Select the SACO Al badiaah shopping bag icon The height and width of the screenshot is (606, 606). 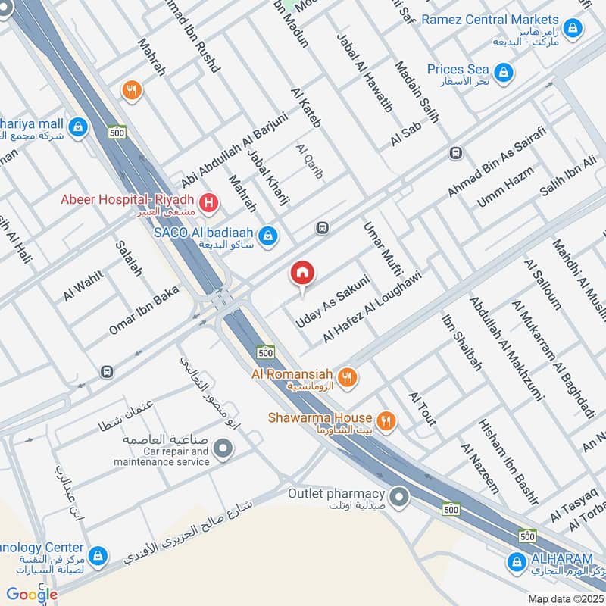(x=266, y=237)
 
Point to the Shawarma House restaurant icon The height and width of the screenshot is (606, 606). (x=386, y=421)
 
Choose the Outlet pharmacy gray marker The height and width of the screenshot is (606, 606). (x=400, y=497)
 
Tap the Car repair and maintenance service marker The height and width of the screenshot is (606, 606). (x=223, y=450)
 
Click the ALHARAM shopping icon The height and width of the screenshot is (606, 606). (x=517, y=561)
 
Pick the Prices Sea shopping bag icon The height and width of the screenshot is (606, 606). (x=504, y=73)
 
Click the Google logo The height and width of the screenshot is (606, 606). (x=32, y=594)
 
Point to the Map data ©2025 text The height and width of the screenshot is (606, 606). (x=565, y=598)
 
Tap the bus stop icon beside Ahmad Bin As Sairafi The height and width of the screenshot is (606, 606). (x=454, y=152)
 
